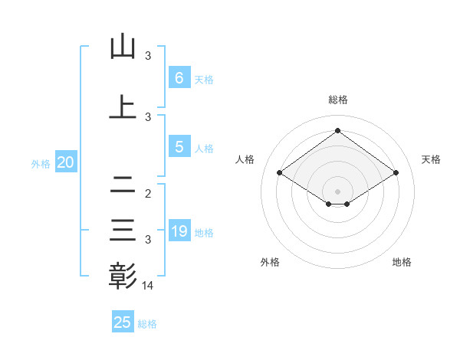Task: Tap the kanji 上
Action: click(123, 106)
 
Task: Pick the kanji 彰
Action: click(123, 275)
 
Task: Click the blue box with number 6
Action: click(179, 77)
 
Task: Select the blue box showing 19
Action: click(179, 231)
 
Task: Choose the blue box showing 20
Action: click(66, 162)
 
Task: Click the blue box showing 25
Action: click(123, 322)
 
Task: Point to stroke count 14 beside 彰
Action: click(148, 285)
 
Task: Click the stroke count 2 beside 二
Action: click(148, 194)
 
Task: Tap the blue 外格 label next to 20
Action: click(41, 163)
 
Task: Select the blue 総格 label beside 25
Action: click(147, 323)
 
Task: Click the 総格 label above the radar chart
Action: click(338, 100)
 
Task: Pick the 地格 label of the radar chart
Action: click(402, 262)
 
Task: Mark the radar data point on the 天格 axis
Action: click(396, 173)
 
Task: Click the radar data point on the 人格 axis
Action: click(280, 173)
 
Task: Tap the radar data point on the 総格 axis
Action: click(338, 130)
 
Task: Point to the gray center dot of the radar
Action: click(338, 191)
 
